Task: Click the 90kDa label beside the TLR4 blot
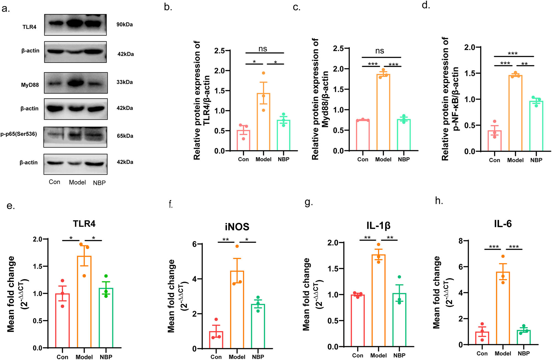(124, 25)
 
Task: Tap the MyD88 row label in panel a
(30, 85)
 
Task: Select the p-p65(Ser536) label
(18, 134)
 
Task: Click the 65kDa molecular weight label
(125, 136)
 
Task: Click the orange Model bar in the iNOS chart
(237, 309)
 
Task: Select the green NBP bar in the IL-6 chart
(524, 337)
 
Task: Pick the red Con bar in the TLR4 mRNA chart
(62, 320)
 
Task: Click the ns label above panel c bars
(380, 51)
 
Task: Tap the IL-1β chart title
(378, 226)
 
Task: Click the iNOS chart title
(237, 227)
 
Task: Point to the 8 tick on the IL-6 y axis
(460, 241)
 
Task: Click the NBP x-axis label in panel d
(536, 160)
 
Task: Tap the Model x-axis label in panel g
(378, 356)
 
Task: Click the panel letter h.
(439, 201)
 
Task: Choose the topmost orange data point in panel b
(263, 73)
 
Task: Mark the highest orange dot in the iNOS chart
(237, 246)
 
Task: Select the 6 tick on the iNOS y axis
(195, 244)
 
